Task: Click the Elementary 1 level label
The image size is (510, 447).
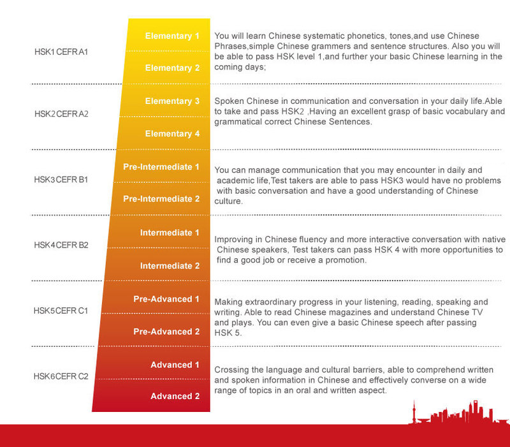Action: click(x=172, y=36)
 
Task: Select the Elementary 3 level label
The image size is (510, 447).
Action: click(x=172, y=101)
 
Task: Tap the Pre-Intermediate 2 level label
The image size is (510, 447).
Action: click(x=161, y=199)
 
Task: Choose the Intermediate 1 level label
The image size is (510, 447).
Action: click(x=170, y=233)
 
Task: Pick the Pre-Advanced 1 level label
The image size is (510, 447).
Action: click(x=166, y=299)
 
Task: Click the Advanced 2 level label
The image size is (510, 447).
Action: click(x=175, y=396)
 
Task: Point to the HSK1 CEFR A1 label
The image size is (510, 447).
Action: click(x=61, y=52)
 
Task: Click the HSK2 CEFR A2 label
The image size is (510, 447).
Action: click(x=61, y=114)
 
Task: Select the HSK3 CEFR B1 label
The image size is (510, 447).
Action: click(x=61, y=180)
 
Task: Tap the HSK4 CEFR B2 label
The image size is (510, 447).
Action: click(x=61, y=245)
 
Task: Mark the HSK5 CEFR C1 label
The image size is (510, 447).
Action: click(x=61, y=311)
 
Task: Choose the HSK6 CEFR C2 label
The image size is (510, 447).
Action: click(x=61, y=376)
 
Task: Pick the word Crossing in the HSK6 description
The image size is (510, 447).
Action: click(x=232, y=370)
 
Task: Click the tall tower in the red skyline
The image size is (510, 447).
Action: click(x=414, y=412)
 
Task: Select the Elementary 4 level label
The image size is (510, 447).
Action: click(x=172, y=134)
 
